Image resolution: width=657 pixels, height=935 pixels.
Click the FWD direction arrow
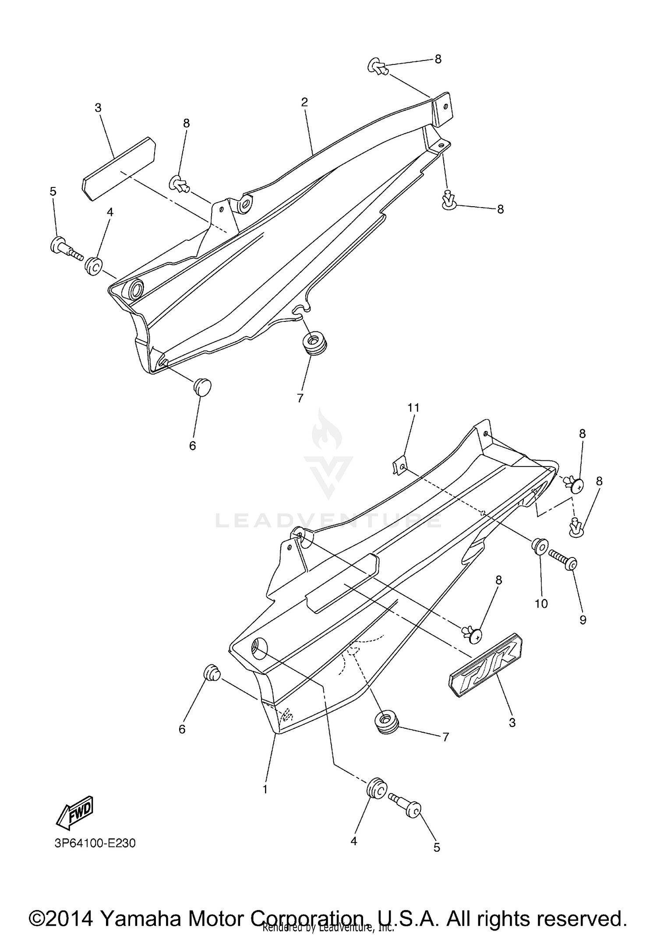pos(74,812)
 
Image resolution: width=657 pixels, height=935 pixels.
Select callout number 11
pos(413,408)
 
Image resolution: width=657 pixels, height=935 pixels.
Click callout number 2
pos(304,102)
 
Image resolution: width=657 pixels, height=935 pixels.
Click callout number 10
pos(541,603)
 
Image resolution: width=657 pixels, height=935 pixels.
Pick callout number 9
pos(583,620)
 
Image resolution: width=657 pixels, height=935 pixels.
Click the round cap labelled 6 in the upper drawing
pos(202,387)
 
